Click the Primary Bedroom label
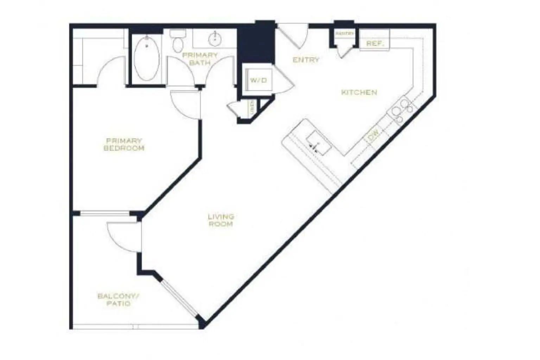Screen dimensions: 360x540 click(x=124, y=144)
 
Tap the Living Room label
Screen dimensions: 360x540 click(x=221, y=220)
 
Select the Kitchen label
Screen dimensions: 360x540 click(x=359, y=92)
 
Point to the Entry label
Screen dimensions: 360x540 click(x=306, y=60)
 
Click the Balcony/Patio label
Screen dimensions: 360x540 click(x=119, y=300)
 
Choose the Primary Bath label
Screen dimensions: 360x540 click(x=200, y=59)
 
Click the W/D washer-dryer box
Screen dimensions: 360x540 click(x=258, y=81)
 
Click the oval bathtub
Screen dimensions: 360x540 click(x=147, y=59)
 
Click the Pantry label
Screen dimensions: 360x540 click(x=344, y=34)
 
